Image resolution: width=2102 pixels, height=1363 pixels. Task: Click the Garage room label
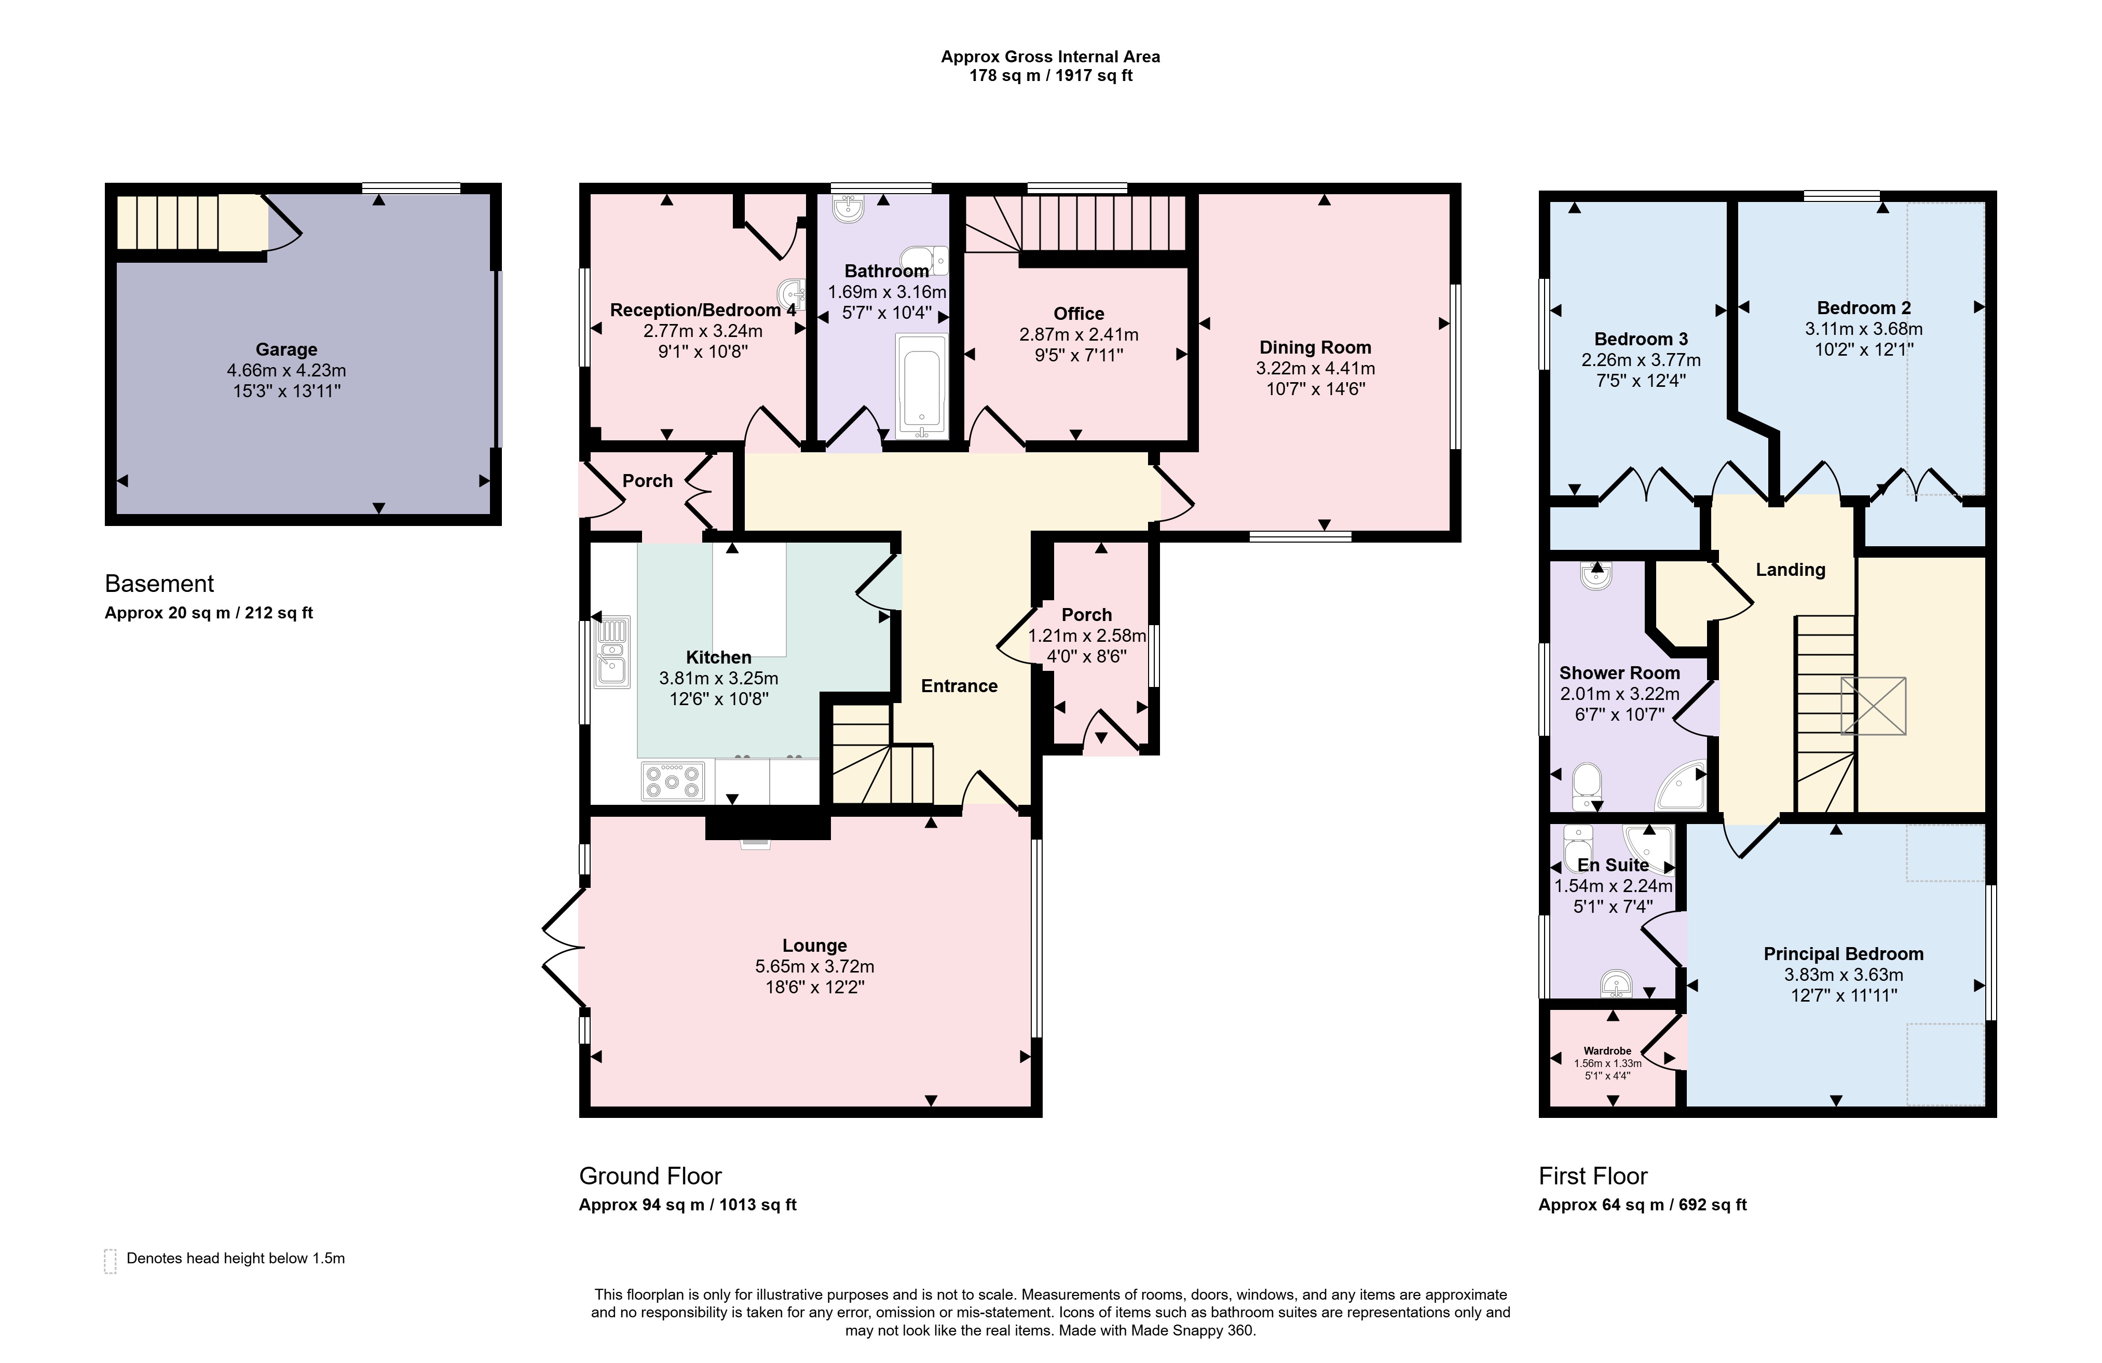[286, 350]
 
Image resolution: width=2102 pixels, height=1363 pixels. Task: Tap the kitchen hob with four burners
[673, 781]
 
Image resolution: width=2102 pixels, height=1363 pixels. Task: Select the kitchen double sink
[612, 653]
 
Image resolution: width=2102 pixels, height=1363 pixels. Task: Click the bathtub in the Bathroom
[921, 385]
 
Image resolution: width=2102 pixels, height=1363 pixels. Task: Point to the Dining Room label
[1315, 348]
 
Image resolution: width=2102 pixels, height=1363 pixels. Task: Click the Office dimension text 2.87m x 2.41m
[1079, 335]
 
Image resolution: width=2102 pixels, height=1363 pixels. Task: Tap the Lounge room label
[814, 946]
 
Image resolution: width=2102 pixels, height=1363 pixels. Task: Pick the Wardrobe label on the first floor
[1607, 1051]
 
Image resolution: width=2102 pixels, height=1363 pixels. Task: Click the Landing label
[1790, 570]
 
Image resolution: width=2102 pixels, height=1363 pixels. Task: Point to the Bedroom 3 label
[1641, 339]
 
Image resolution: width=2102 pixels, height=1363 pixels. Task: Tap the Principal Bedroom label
[1843, 954]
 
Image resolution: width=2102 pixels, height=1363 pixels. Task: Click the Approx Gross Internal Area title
[1050, 57]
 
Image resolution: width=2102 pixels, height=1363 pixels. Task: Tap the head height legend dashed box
[111, 1261]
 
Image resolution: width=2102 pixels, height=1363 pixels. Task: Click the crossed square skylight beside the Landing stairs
[1873, 706]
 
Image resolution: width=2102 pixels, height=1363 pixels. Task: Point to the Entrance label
[959, 686]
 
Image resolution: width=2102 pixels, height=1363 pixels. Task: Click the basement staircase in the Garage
[193, 223]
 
